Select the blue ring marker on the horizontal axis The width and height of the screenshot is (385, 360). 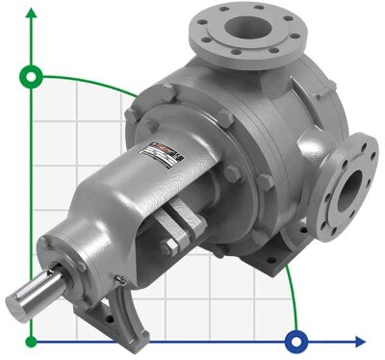click(297, 341)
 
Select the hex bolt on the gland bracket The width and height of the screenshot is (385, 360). click(170, 247)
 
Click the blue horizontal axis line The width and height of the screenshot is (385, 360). click(192, 341)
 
